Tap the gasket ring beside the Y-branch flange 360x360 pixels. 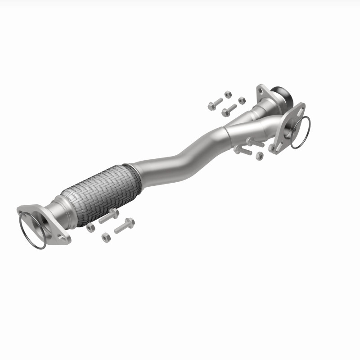click(300, 132)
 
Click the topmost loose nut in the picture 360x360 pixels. click(228, 95)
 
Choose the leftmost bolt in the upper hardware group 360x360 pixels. click(214, 105)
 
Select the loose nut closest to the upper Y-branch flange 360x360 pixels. click(242, 100)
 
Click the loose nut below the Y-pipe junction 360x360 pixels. click(259, 156)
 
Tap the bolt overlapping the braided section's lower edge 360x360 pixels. click(108, 216)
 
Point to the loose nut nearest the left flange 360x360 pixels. click(90, 227)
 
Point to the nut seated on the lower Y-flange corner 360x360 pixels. click(272, 148)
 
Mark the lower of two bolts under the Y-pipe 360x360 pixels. click(243, 150)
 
